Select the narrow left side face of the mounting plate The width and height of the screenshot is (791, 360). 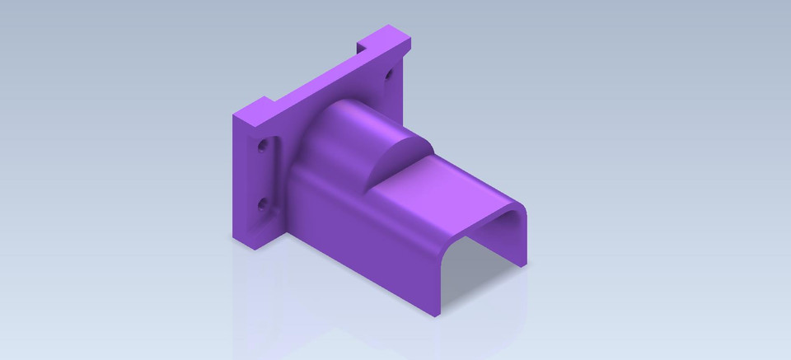241,181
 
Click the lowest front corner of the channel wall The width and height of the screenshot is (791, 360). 436,314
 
